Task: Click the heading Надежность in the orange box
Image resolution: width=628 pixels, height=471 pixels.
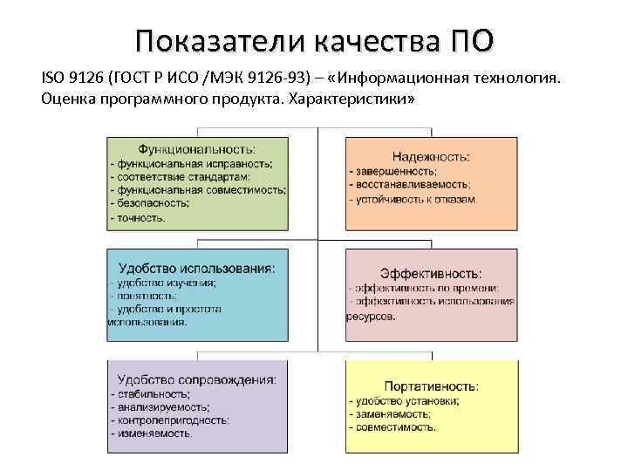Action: point(431,156)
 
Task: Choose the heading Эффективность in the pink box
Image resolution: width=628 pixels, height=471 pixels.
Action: point(431,273)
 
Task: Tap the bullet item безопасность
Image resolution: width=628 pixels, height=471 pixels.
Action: point(152,202)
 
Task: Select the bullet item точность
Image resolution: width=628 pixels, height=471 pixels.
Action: point(141,216)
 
